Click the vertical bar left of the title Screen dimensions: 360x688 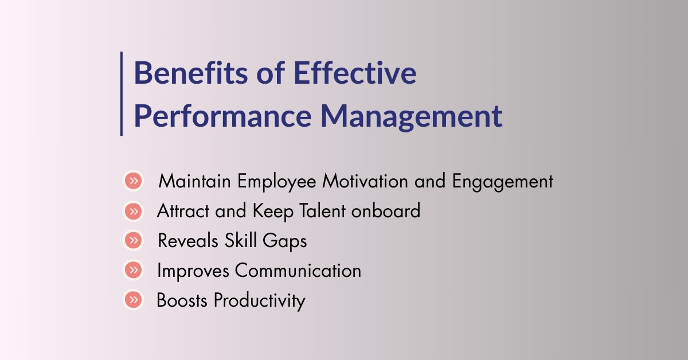[x=122, y=93]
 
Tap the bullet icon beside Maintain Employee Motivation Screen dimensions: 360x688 [x=133, y=182]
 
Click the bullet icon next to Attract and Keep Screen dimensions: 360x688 [x=133, y=212]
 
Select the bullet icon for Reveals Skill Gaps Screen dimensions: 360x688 [x=133, y=241]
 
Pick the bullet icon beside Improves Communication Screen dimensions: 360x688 [x=133, y=270]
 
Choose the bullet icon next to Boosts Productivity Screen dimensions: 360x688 [x=133, y=299]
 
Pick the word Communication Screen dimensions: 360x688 [x=298, y=271]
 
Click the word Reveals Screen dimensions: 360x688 [x=185, y=241]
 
